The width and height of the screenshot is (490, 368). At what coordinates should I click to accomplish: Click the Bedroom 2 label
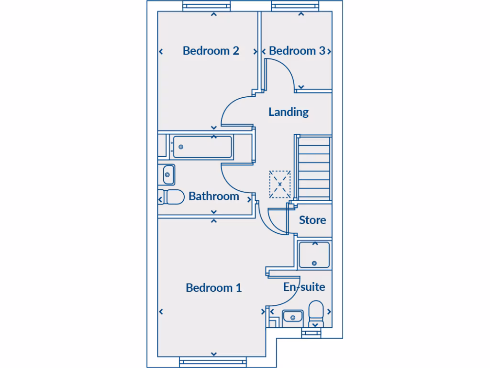tap(211, 51)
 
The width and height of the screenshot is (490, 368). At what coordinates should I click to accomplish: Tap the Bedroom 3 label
tap(297, 51)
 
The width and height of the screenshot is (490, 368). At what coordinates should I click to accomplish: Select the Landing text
tap(289, 112)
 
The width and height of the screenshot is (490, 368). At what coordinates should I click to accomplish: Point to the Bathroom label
tap(213, 196)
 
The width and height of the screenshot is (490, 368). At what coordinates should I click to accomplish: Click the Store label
tap(312, 220)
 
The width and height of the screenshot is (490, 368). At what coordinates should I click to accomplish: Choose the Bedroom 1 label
tap(213, 288)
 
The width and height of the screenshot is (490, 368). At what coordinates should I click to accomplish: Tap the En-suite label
tap(304, 287)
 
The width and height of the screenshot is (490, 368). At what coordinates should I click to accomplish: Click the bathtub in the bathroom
tap(202, 147)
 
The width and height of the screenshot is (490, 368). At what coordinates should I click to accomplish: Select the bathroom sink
tap(168, 174)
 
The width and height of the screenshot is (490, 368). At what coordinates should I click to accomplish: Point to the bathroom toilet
tap(171, 197)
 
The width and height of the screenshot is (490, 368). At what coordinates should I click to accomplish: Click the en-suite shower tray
tap(314, 255)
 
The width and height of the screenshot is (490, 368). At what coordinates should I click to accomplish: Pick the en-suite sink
tap(292, 317)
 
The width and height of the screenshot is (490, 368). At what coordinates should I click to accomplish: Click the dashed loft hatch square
tap(280, 184)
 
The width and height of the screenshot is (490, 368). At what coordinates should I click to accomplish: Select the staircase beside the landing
tap(314, 167)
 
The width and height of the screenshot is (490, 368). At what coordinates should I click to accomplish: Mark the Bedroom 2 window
tap(207, 6)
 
